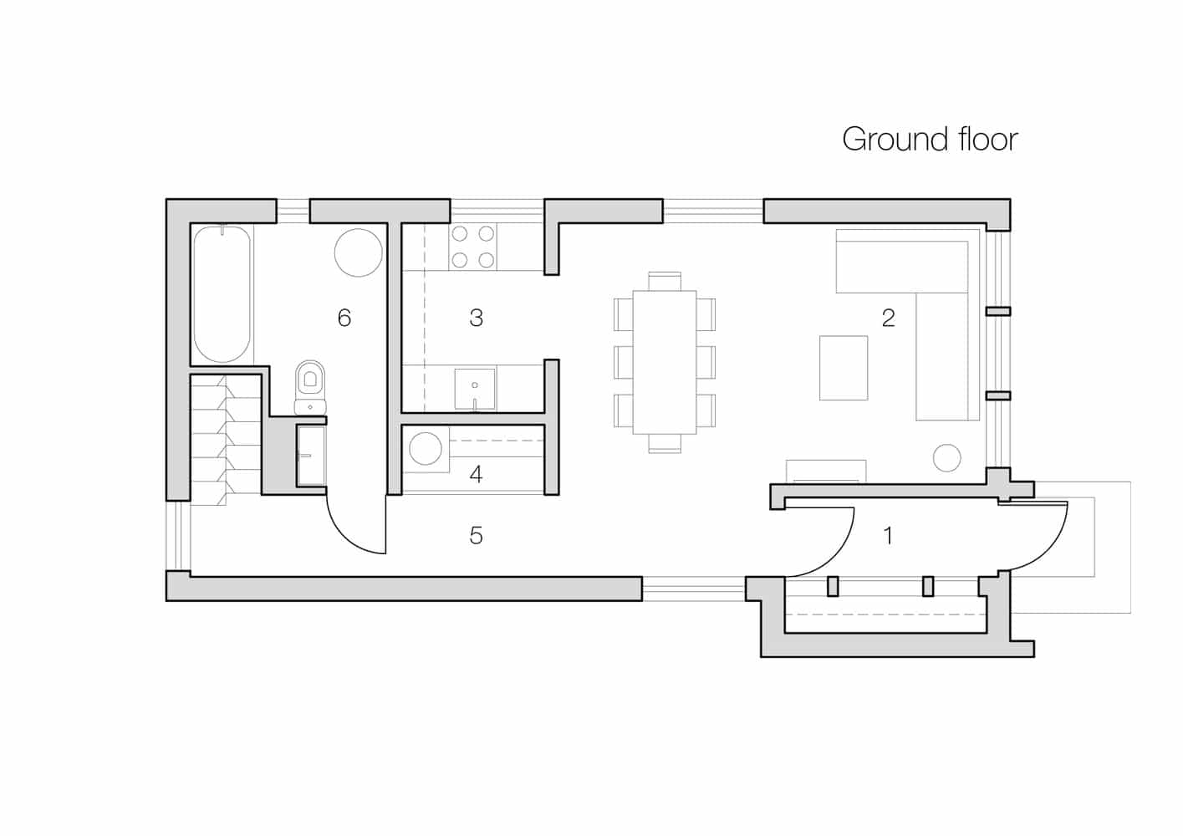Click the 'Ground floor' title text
[x=930, y=140]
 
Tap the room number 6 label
[x=344, y=318]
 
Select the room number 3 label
[x=476, y=318]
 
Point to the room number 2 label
[x=889, y=318]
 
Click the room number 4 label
[x=476, y=474]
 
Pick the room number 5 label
[x=476, y=535]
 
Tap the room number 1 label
[x=889, y=535]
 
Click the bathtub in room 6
[x=222, y=294]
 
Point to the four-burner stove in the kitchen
[x=472, y=247]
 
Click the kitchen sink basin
[x=475, y=389]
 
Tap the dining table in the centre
[x=665, y=362]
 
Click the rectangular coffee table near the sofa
[x=844, y=368]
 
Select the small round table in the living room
[x=947, y=457]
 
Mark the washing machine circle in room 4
[x=426, y=449]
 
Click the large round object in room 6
[x=359, y=252]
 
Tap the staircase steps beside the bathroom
[x=226, y=440]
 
